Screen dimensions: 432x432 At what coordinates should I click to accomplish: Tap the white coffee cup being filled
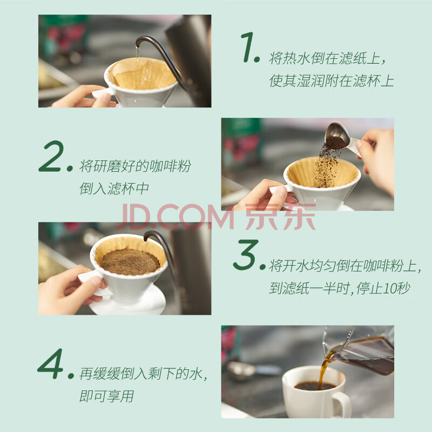point(315,391)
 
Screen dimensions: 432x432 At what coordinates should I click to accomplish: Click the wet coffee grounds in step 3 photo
point(130,262)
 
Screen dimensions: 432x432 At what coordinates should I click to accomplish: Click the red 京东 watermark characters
point(280,217)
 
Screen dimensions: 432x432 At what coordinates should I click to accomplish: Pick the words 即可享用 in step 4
point(106,396)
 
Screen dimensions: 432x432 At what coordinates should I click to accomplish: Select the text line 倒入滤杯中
point(114,188)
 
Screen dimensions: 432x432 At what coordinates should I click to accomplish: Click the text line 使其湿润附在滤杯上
point(332,80)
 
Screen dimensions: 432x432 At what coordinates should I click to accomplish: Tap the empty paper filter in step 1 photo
point(143,73)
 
